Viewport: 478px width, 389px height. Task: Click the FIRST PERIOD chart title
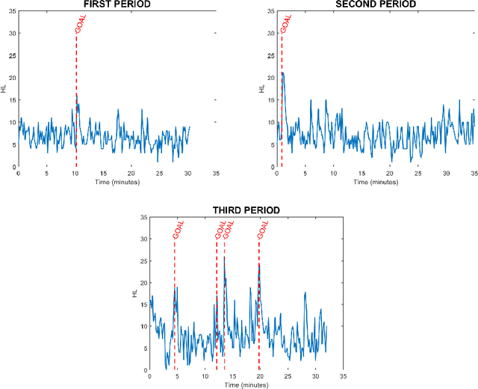[117, 4]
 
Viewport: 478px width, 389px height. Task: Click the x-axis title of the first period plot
[117, 181]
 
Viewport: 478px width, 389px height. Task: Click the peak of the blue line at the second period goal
[283, 73]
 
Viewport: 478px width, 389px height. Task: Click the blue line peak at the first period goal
[77, 94]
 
